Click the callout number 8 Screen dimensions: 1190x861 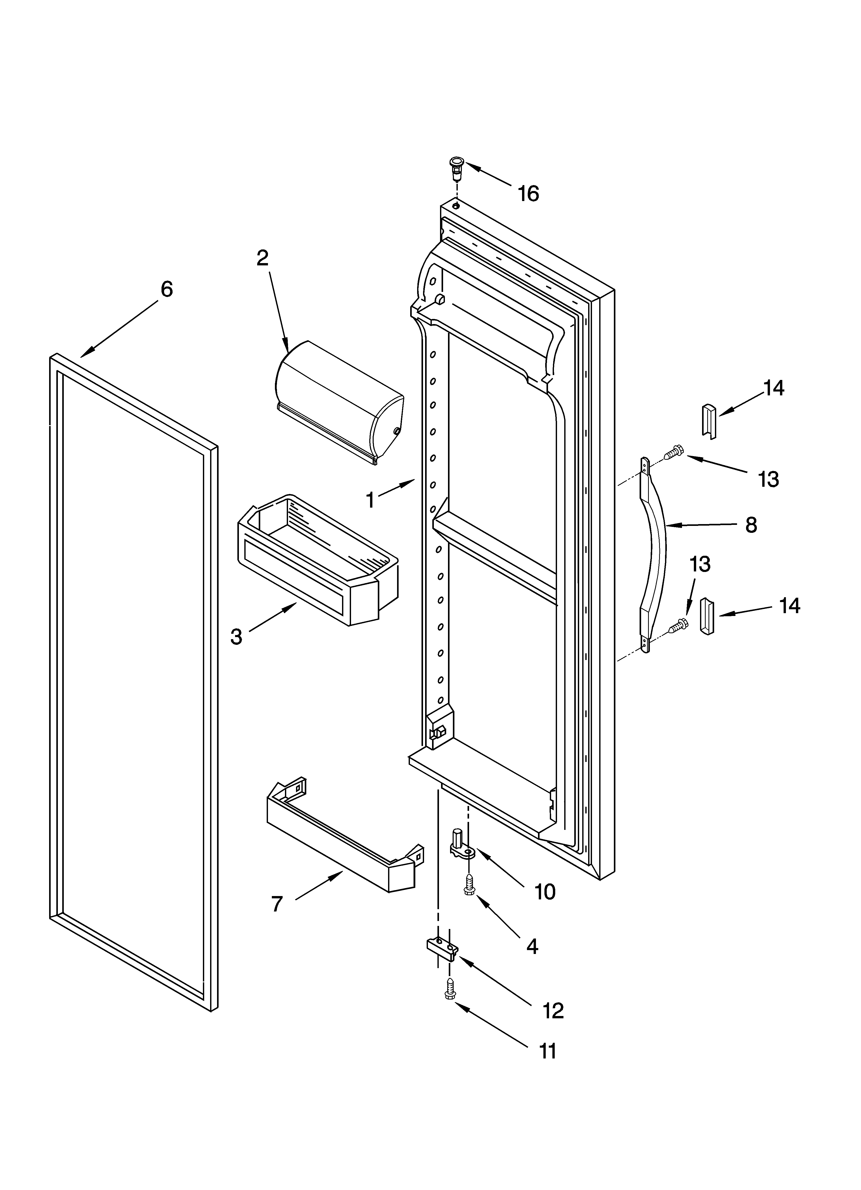click(751, 525)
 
